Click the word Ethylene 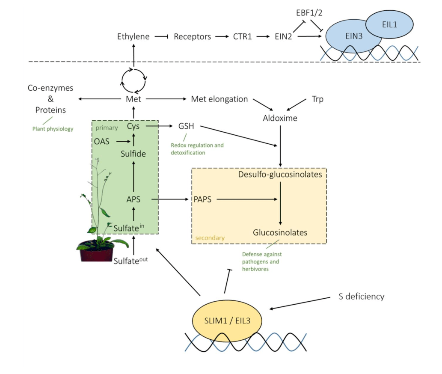pyautogui.click(x=133, y=37)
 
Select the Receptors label pyautogui.click(x=192, y=37)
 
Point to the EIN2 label pyautogui.click(x=283, y=37)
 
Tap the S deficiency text pyautogui.click(x=361, y=296)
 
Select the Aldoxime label pyautogui.click(x=280, y=118)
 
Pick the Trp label pyautogui.click(x=317, y=99)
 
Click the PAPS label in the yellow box pyautogui.click(x=203, y=199)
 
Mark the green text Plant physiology pyautogui.click(x=53, y=128)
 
